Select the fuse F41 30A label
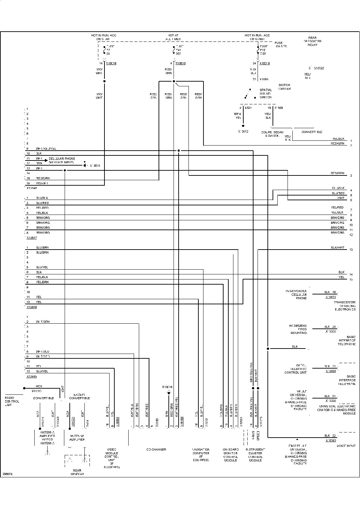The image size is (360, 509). click(x=179, y=50)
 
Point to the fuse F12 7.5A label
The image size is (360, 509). click(x=263, y=50)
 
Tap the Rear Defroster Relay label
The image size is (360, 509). click(x=312, y=41)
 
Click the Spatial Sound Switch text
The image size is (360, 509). click(x=265, y=94)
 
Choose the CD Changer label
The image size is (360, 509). click(x=156, y=449)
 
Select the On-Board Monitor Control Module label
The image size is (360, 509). click(x=230, y=455)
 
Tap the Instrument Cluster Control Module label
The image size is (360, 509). click(x=255, y=455)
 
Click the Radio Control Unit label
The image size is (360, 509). click(x=12, y=401)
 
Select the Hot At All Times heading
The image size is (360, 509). click(x=173, y=37)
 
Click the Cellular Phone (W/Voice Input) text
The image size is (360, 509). click(x=62, y=160)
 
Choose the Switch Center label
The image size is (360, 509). click(x=284, y=87)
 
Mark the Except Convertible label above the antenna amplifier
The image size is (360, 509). click(x=80, y=396)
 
